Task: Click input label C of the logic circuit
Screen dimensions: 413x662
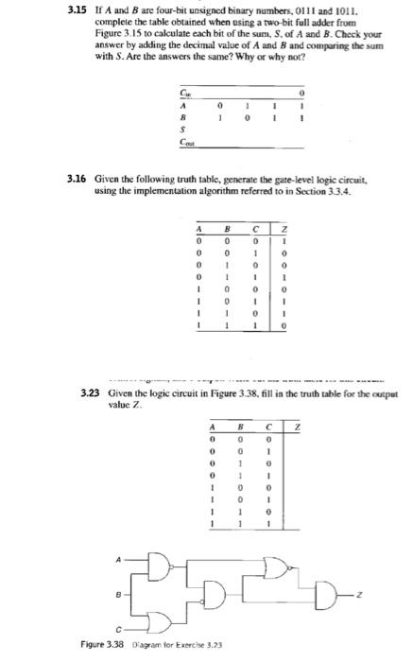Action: tap(143, 629)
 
